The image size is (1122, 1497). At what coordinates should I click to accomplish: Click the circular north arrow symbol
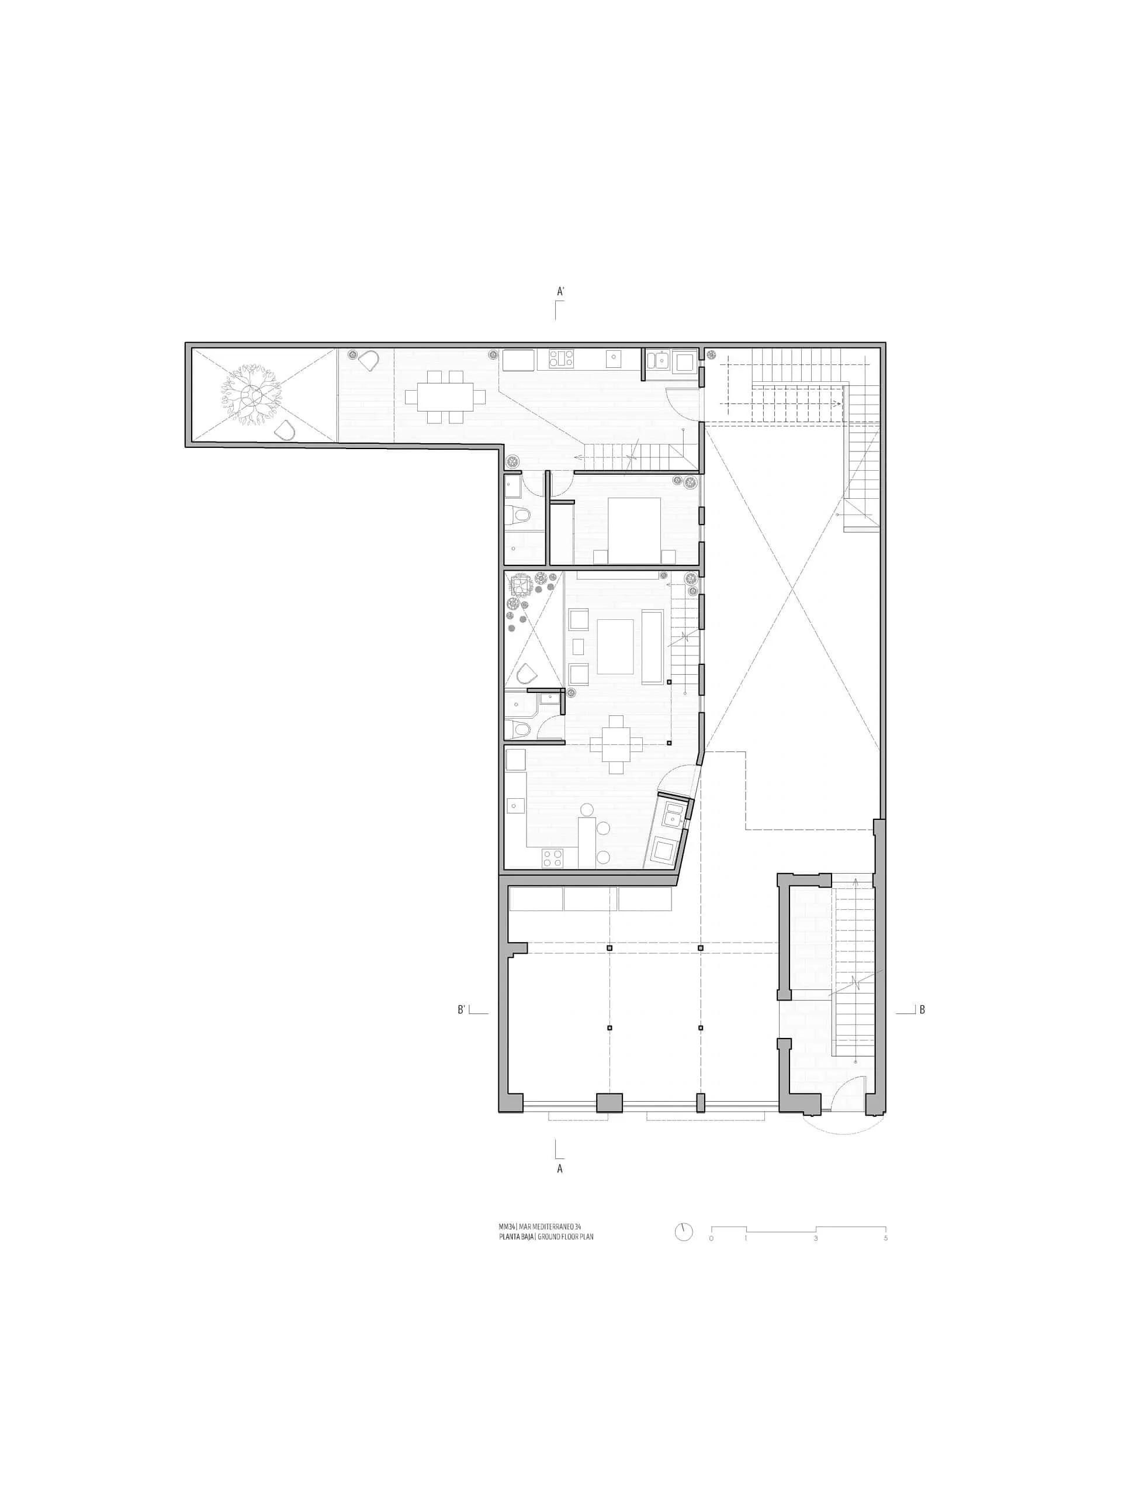pos(684,1232)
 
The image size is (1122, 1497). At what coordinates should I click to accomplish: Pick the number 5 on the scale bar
pos(885,1239)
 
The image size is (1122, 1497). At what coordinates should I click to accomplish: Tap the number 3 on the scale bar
pos(816,1239)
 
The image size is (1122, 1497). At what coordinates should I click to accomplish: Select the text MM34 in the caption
pos(506,1227)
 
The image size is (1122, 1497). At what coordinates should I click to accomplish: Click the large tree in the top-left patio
pos(251,395)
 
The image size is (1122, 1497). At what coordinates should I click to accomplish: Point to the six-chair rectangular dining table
pos(446,396)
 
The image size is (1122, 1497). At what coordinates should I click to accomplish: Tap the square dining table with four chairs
pos(615,744)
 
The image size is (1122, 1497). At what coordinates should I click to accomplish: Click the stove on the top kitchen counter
pos(560,358)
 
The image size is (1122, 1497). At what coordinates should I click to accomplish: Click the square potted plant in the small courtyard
pos(521,584)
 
